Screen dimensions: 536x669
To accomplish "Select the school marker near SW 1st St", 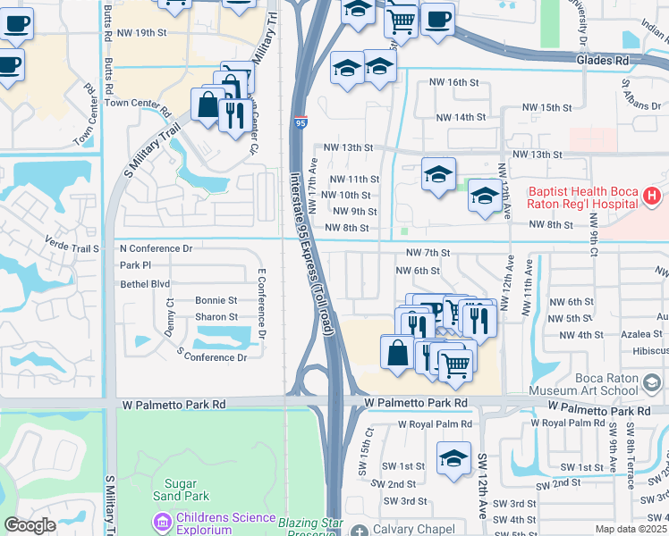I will click(453, 458).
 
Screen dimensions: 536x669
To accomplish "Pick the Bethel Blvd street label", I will click(145, 284).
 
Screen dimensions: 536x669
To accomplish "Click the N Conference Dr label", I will click(157, 247).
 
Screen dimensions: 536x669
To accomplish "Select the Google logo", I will click(30, 525).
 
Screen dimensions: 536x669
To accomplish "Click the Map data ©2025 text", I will click(631, 529).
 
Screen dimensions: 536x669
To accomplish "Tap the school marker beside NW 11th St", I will click(438, 174).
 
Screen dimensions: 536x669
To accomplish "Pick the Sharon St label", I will click(216, 317).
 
